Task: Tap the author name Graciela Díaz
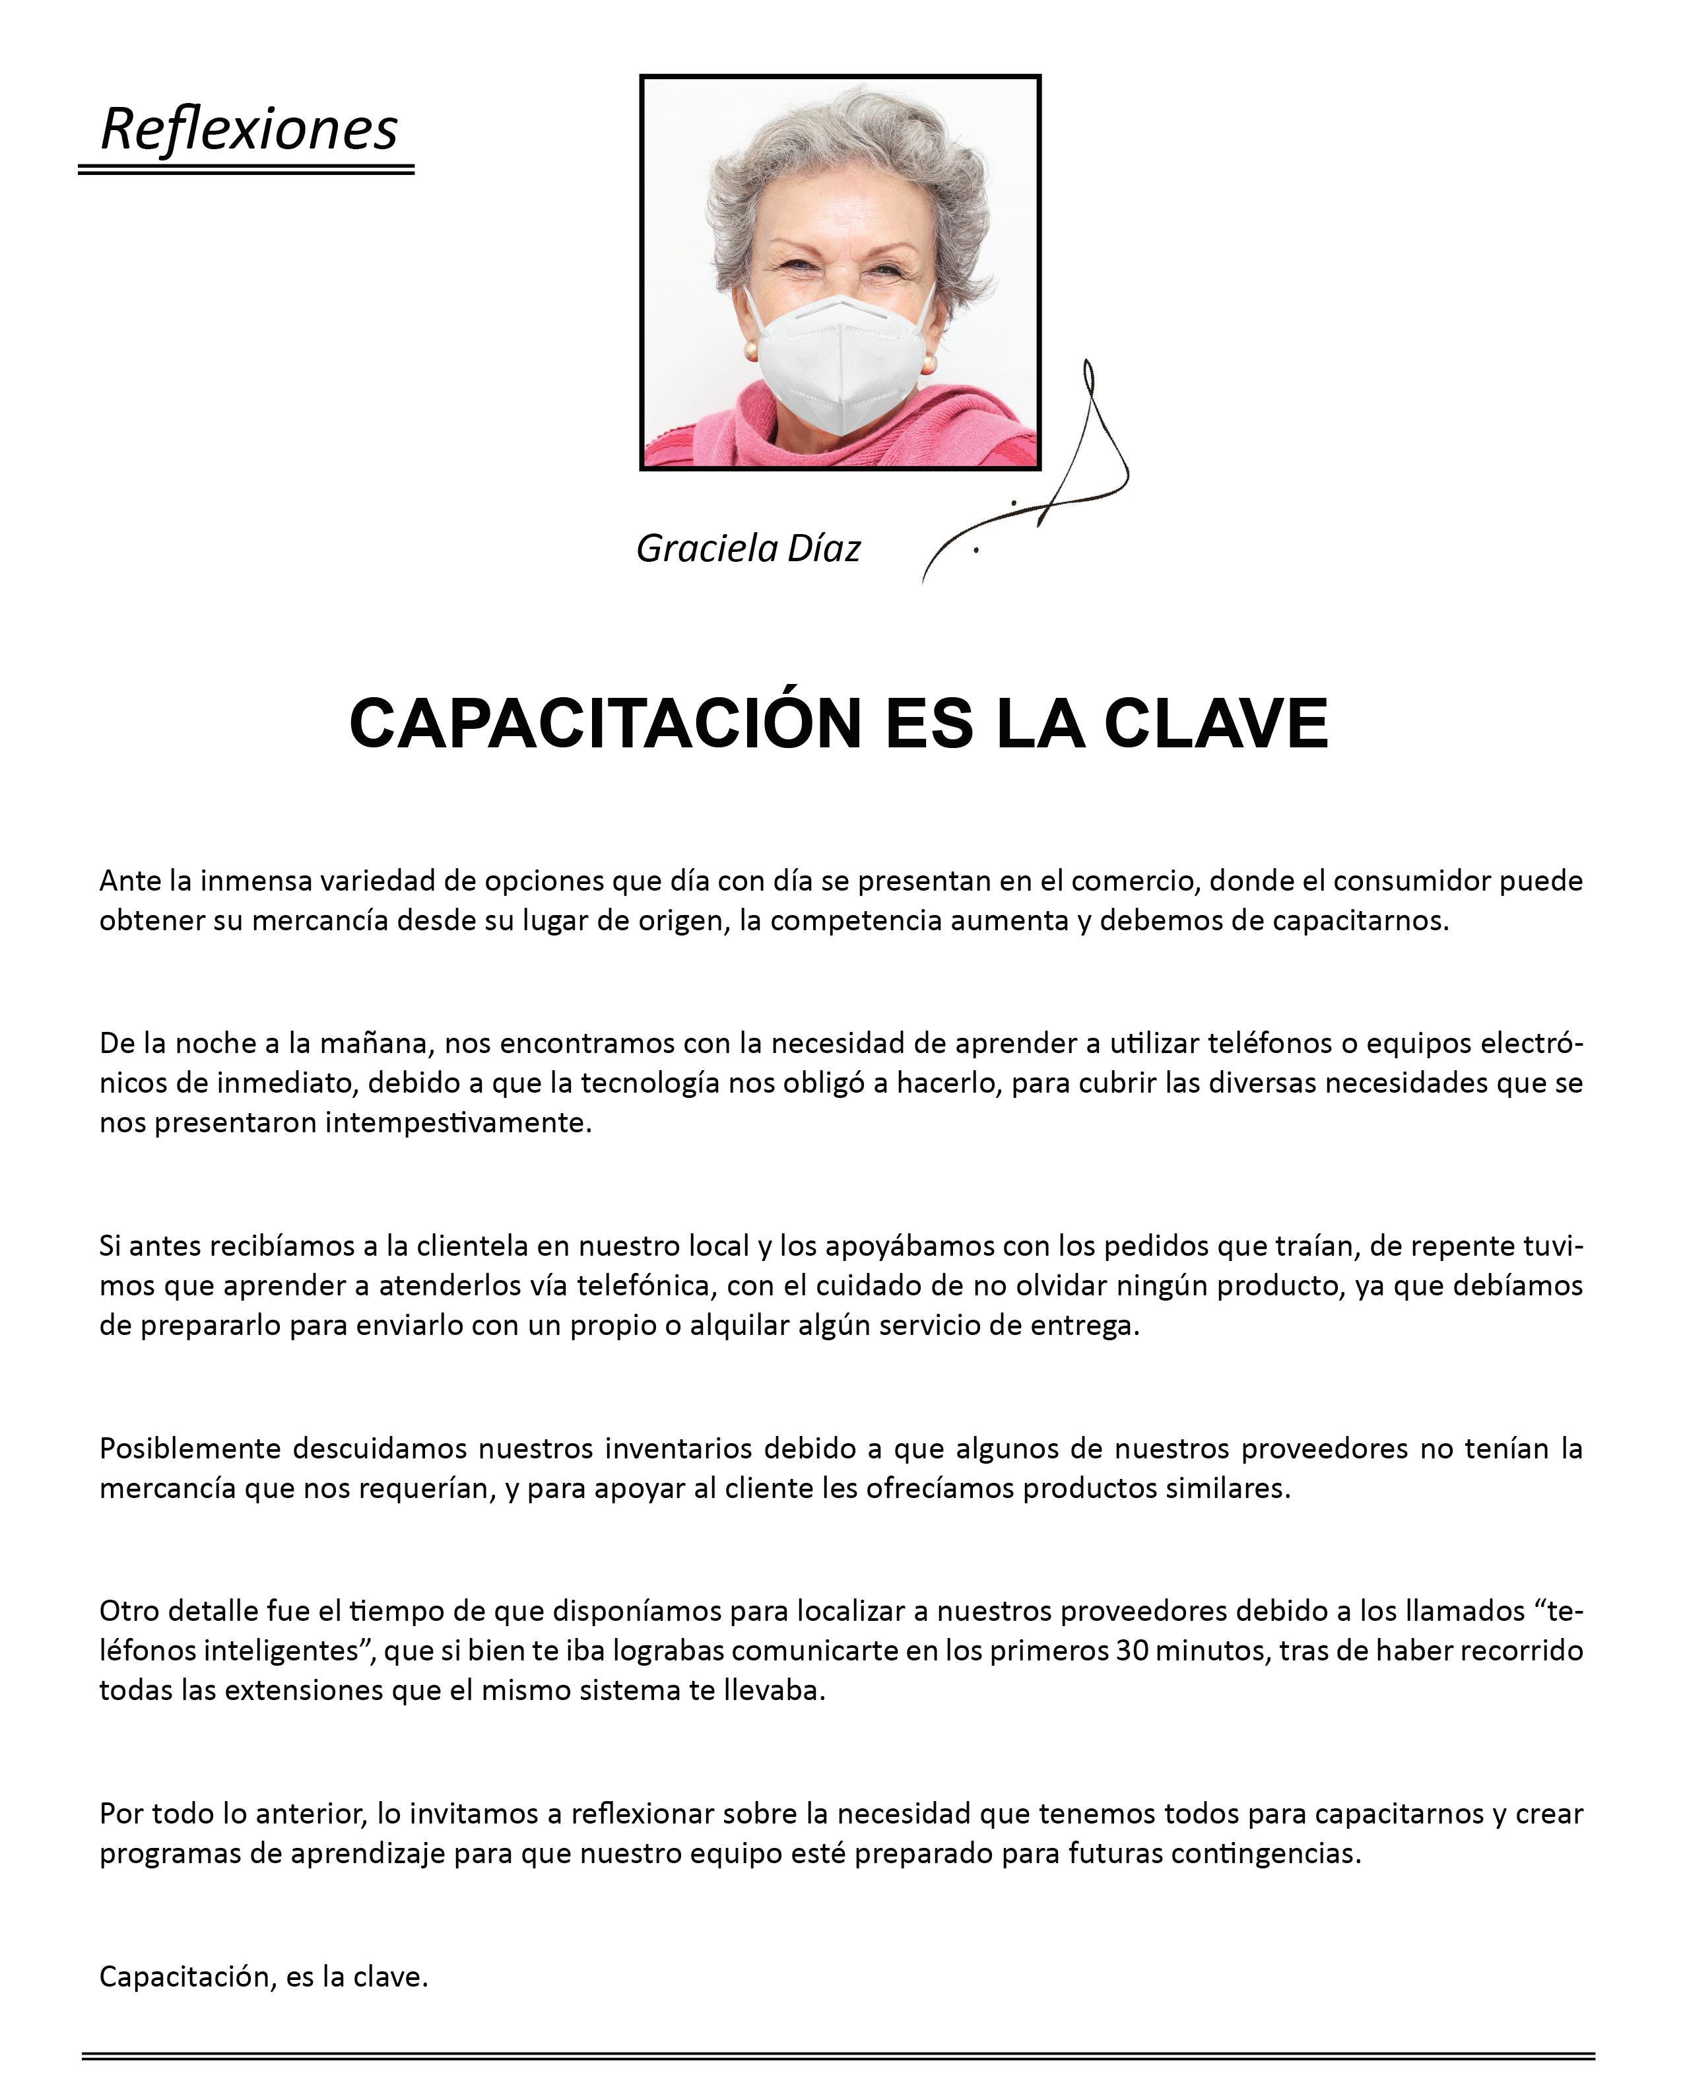748,549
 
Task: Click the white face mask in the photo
840,364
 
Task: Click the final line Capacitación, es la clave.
264,1976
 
